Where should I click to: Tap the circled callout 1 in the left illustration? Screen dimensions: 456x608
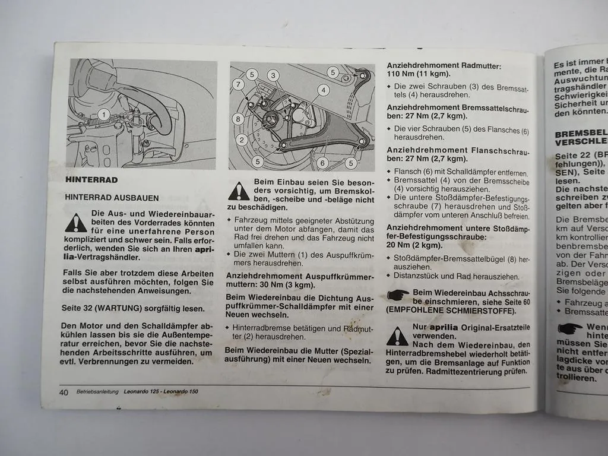click(x=103, y=115)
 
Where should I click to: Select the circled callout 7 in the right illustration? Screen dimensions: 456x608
click(x=237, y=85)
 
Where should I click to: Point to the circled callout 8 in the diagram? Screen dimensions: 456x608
click(x=239, y=119)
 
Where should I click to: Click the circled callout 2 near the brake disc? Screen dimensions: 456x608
click(x=242, y=140)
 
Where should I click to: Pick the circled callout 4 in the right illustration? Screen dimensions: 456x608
click(x=323, y=90)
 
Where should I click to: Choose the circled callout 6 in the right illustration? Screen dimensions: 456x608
click(x=322, y=162)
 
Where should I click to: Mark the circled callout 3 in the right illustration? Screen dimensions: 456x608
click(x=273, y=75)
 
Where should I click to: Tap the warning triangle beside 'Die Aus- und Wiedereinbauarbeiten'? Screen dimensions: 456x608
click(x=75, y=223)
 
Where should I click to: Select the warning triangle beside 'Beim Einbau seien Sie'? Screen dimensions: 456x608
click(x=239, y=191)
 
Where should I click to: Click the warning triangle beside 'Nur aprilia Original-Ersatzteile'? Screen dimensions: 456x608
click(x=397, y=336)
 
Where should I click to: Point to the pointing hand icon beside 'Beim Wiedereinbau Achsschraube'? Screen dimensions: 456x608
click(x=398, y=294)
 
